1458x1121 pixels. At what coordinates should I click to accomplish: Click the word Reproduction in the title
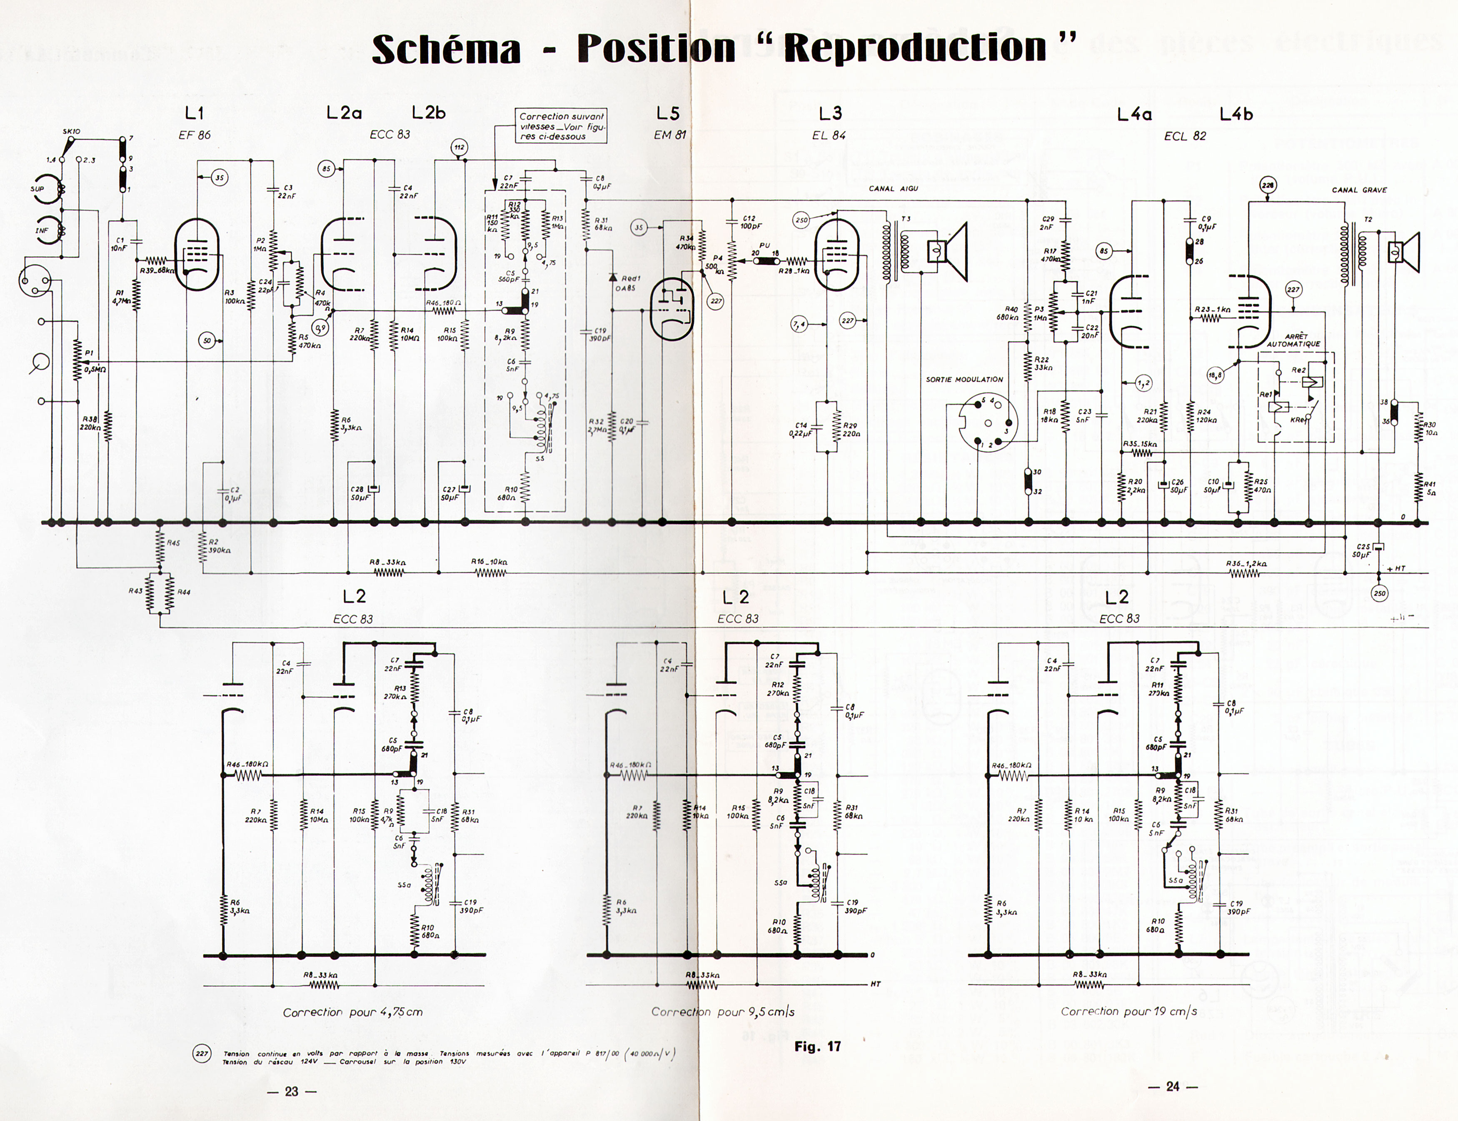click(915, 48)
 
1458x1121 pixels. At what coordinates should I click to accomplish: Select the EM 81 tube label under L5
click(670, 135)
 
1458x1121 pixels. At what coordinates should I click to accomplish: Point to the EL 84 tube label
click(829, 135)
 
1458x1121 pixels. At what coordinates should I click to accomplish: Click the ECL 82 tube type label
click(1185, 136)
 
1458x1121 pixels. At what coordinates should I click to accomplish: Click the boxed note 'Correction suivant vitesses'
click(562, 126)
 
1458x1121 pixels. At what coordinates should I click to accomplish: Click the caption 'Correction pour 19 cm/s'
click(1128, 1011)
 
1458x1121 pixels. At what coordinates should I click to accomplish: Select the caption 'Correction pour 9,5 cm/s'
click(722, 1011)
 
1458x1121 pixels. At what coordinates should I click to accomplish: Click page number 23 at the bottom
click(292, 1092)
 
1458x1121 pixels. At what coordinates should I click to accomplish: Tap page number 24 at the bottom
click(1172, 1087)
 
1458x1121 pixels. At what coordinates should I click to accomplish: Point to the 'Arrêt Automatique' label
click(1293, 340)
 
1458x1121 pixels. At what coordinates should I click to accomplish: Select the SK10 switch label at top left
click(71, 131)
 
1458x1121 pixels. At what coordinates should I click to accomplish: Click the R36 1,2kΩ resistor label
click(1246, 564)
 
